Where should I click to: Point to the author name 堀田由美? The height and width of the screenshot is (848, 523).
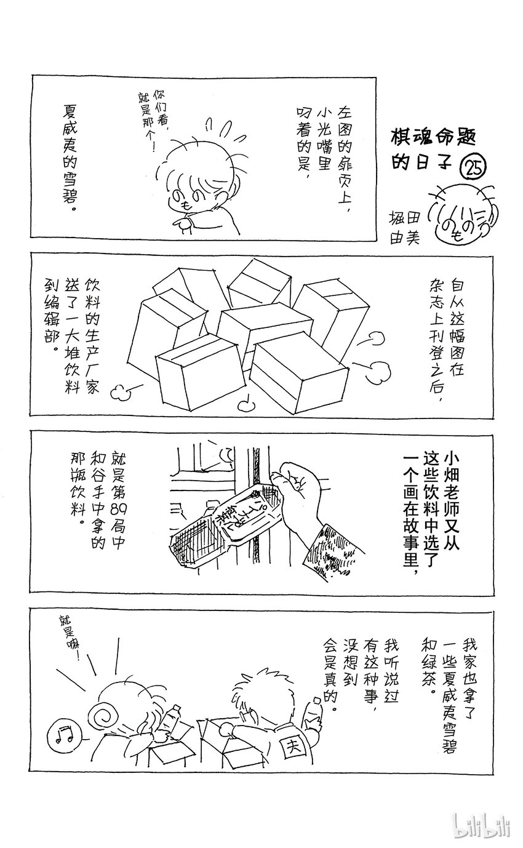pyautogui.click(x=404, y=228)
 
